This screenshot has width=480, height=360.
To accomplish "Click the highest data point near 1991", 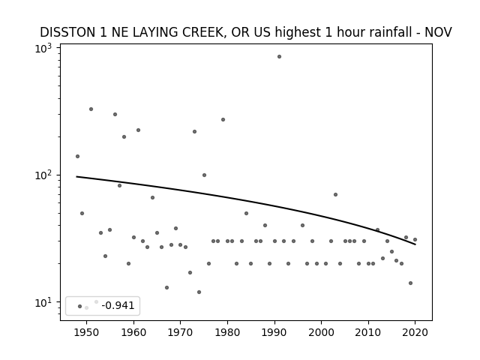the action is [279, 57].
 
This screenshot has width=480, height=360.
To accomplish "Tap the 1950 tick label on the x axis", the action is [87, 332].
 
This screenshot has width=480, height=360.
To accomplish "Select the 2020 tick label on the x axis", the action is [415, 332].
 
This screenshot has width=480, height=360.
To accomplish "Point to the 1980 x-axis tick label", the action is [227, 332].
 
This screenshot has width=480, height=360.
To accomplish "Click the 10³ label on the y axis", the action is [43, 48].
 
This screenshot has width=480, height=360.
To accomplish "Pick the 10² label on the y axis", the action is [43, 175].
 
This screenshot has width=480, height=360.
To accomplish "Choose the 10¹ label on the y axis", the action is [43, 302].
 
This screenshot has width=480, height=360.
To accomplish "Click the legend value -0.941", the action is [118, 305].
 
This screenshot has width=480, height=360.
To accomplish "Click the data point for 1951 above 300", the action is [91, 109].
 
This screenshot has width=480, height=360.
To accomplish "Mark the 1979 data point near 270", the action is [223, 120].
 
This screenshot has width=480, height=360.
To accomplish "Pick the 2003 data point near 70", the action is [335, 195].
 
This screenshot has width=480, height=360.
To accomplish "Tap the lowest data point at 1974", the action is [199, 292].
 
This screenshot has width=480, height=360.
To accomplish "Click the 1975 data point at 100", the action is [204, 175].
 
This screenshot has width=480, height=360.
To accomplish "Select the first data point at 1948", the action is [77, 157].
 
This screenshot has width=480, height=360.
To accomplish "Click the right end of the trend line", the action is [415, 244].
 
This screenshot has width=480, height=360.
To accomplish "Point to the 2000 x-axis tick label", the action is [322, 332].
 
